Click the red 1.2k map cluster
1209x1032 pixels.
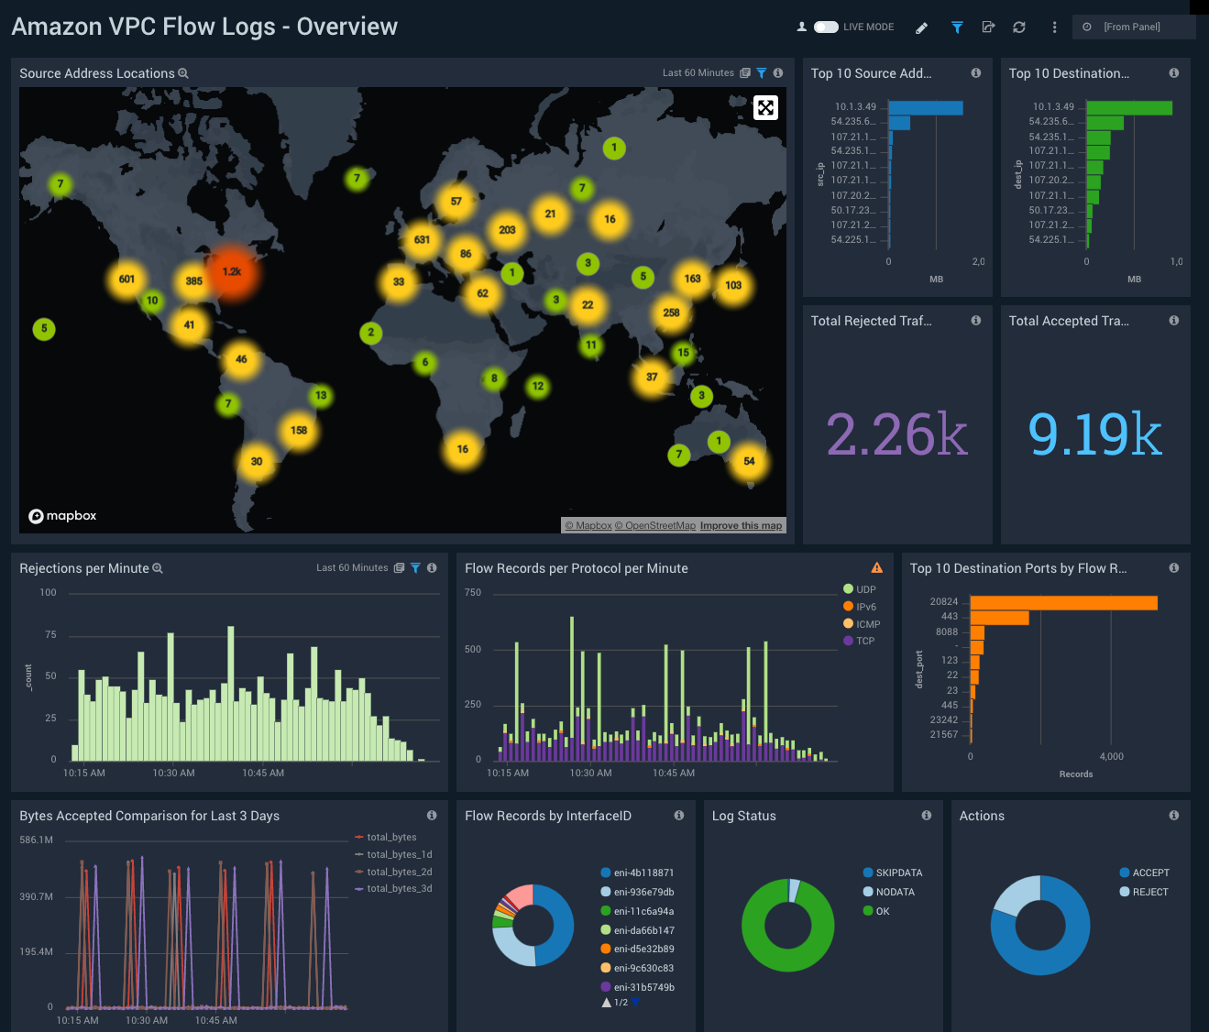[x=232, y=272]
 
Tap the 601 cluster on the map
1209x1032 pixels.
[x=126, y=280]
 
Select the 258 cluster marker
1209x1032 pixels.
[x=671, y=313]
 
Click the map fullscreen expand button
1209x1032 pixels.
[x=765, y=108]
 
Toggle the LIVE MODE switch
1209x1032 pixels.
[x=826, y=27]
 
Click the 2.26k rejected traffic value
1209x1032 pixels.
[x=896, y=434]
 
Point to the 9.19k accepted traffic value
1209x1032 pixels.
[x=1094, y=434]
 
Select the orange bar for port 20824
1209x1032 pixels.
[x=1063, y=603]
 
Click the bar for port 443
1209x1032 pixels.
[x=999, y=618]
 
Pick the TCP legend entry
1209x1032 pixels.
[x=864, y=642]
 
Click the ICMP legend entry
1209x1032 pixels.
[x=867, y=624]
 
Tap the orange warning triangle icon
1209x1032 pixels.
[x=876, y=568]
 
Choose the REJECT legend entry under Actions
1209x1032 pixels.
[x=1149, y=892]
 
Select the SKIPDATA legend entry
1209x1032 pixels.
[x=898, y=873]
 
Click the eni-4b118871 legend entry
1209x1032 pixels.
[x=643, y=873]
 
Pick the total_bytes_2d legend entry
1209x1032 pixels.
[x=399, y=872]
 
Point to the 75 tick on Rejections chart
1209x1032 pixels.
[x=50, y=634]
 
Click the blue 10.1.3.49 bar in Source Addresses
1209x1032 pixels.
[x=926, y=108]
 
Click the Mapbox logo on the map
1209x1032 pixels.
[x=62, y=516]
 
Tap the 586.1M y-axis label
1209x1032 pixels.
[x=37, y=840]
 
